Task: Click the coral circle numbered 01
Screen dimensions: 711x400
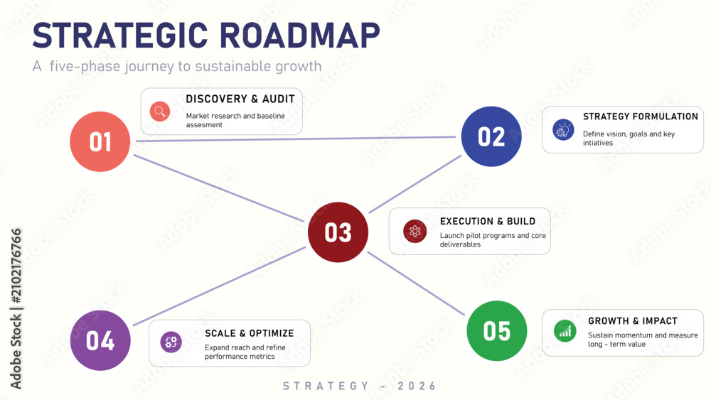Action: (x=100, y=141)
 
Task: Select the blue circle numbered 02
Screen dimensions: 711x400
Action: (x=491, y=136)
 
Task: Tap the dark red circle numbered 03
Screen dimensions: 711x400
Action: (x=338, y=232)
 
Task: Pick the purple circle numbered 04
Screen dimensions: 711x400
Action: (x=100, y=340)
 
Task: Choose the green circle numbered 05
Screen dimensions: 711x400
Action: (x=496, y=330)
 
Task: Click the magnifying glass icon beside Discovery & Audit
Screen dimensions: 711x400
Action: (x=160, y=111)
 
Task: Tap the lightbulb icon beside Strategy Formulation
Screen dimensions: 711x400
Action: (x=563, y=130)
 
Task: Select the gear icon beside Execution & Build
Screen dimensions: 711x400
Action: (x=415, y=231)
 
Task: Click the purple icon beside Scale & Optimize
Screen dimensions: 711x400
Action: (x=171, y=342)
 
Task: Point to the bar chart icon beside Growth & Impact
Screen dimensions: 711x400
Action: (x=565, y=331)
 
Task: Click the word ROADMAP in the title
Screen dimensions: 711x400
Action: (x=300, y=36)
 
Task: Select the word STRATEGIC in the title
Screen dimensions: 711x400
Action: (x=120, y=36)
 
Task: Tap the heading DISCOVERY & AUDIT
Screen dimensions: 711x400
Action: (x=240, y=99)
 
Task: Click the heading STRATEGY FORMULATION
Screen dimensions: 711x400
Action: (x=641, y=117)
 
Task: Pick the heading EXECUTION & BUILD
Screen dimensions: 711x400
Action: (x=488, y=221)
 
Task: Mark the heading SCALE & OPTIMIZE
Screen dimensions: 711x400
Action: (x=250, y=333)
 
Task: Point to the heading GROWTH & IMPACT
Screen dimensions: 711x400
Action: (x=633, y=320)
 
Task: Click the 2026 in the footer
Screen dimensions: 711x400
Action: (x=417, y=386)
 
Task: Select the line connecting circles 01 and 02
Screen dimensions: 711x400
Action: (x=296, y=139)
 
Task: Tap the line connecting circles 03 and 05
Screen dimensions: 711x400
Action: (x=416, y=283)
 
